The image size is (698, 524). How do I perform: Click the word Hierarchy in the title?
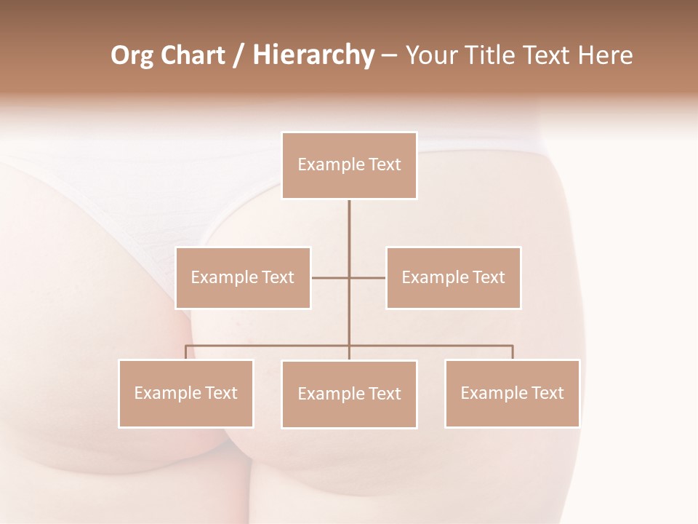pos(313,56)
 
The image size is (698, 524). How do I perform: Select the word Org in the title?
pos(132,56)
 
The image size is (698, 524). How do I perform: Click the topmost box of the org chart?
pos(349,165)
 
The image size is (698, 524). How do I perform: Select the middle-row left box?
pos(243,278)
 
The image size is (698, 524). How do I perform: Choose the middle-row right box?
pos(453,278)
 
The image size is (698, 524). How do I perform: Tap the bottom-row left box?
pos(186,394)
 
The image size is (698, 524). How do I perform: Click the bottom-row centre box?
pos(349,394)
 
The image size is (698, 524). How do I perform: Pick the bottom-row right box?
pos(512,394)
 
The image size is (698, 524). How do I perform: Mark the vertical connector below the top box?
pos(349,233)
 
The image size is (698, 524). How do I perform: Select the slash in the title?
pos(238,56)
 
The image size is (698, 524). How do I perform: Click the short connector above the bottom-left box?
pos(186,352)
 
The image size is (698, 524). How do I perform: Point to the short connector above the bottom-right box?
pos(513,352)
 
